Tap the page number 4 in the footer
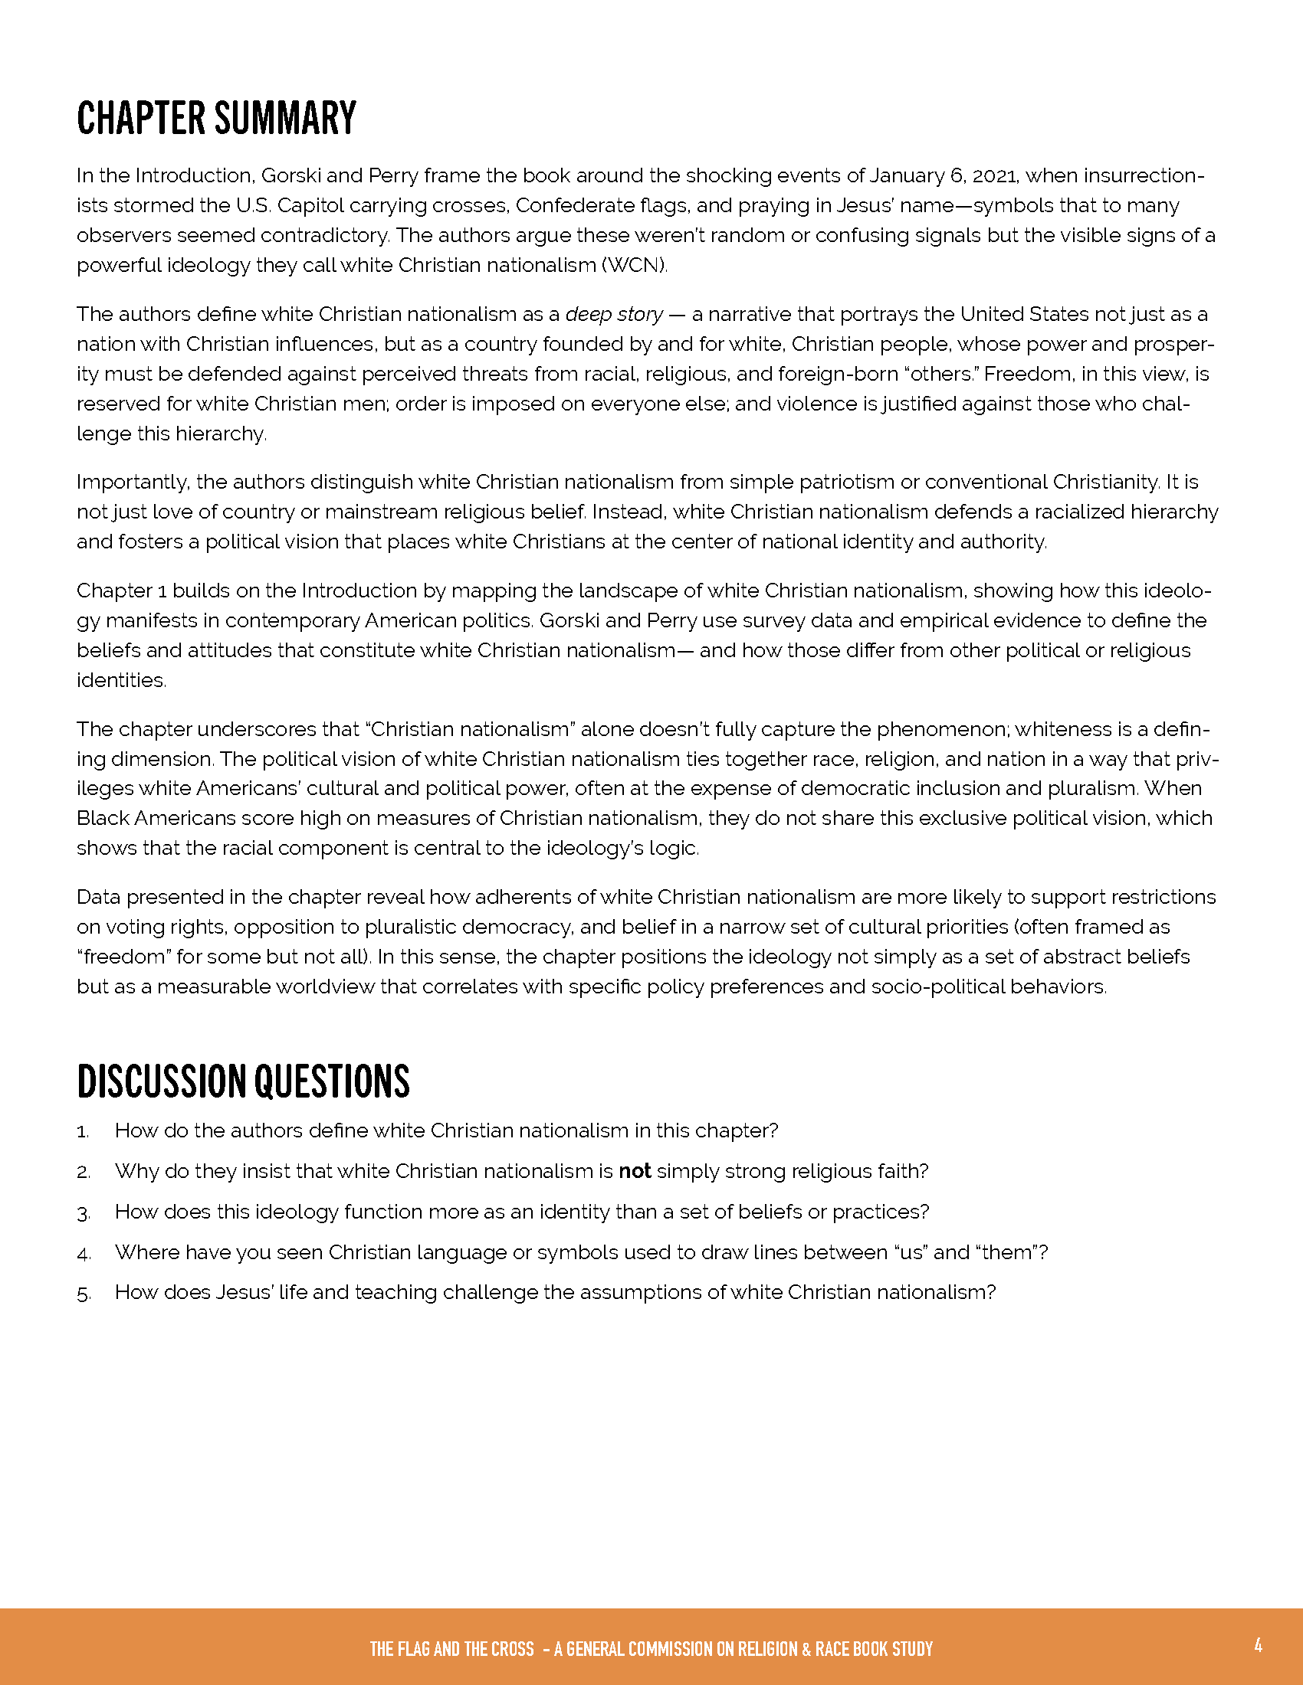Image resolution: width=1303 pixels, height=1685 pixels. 1258,1645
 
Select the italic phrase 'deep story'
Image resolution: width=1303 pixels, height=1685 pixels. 614,315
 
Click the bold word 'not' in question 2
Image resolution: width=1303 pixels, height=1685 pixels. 635,1171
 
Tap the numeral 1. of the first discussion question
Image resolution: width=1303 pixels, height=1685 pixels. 84,1132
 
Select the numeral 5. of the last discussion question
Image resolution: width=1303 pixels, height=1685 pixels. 84,1294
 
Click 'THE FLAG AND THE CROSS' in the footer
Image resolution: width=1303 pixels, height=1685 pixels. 451,1649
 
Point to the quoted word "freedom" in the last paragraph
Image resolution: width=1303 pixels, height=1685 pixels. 123,957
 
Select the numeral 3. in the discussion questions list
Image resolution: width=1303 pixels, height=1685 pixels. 84,1213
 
